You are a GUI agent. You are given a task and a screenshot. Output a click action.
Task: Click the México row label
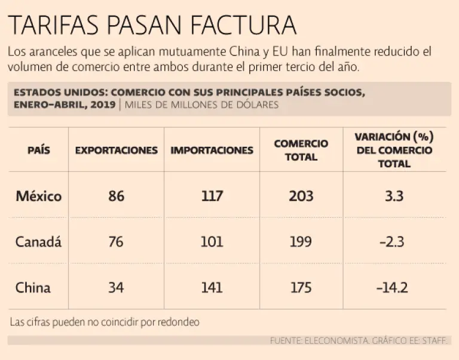38,196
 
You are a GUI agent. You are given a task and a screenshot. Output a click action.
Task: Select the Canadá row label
38,242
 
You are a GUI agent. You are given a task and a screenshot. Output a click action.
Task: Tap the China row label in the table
33,288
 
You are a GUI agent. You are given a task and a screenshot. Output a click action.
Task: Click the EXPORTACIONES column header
117,150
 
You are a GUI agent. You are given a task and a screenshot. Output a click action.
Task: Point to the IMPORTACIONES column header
212,150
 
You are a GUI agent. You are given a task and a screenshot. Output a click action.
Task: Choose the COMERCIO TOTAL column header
301,150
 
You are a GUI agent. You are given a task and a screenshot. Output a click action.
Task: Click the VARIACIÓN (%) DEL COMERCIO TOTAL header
394,150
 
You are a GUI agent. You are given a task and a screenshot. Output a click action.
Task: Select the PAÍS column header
39,150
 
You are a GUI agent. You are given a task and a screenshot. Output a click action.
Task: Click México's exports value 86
117,196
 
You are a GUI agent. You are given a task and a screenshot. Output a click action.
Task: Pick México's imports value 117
212,196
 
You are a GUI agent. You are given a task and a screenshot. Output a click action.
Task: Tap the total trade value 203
301,196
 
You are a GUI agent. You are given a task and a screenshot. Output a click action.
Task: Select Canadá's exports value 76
117,242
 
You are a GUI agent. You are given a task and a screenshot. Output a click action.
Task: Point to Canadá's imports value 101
212,242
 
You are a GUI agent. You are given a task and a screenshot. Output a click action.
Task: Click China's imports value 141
212,288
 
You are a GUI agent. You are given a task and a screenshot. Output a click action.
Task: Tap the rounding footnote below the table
105,322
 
